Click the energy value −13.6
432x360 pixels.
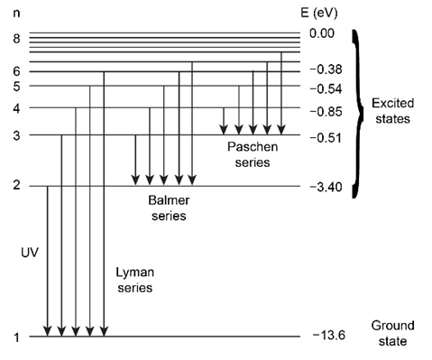coord(329,335)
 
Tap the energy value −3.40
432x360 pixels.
coord(326,187)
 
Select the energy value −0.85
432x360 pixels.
coord(326,112)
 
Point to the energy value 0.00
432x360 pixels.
coord(322,33)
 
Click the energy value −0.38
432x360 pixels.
coord(326,69)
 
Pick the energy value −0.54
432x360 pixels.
coord(326,89)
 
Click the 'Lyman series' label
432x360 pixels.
coord(135,280)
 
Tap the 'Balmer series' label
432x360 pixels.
coord(169,208)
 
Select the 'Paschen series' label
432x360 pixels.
coord(253,154)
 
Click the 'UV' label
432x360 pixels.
coord(30,253)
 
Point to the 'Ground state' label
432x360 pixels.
coord(392,333)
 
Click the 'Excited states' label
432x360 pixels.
coord(392,111)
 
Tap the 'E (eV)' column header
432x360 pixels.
coord(319,14)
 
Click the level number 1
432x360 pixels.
coord(17,337)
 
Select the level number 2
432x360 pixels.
coord(17,185)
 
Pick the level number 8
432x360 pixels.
coord(17,39)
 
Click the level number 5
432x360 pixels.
coord(17,87)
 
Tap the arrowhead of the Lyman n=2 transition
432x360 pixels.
coord(48,331)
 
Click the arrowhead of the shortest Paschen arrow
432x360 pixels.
coord(224,130)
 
